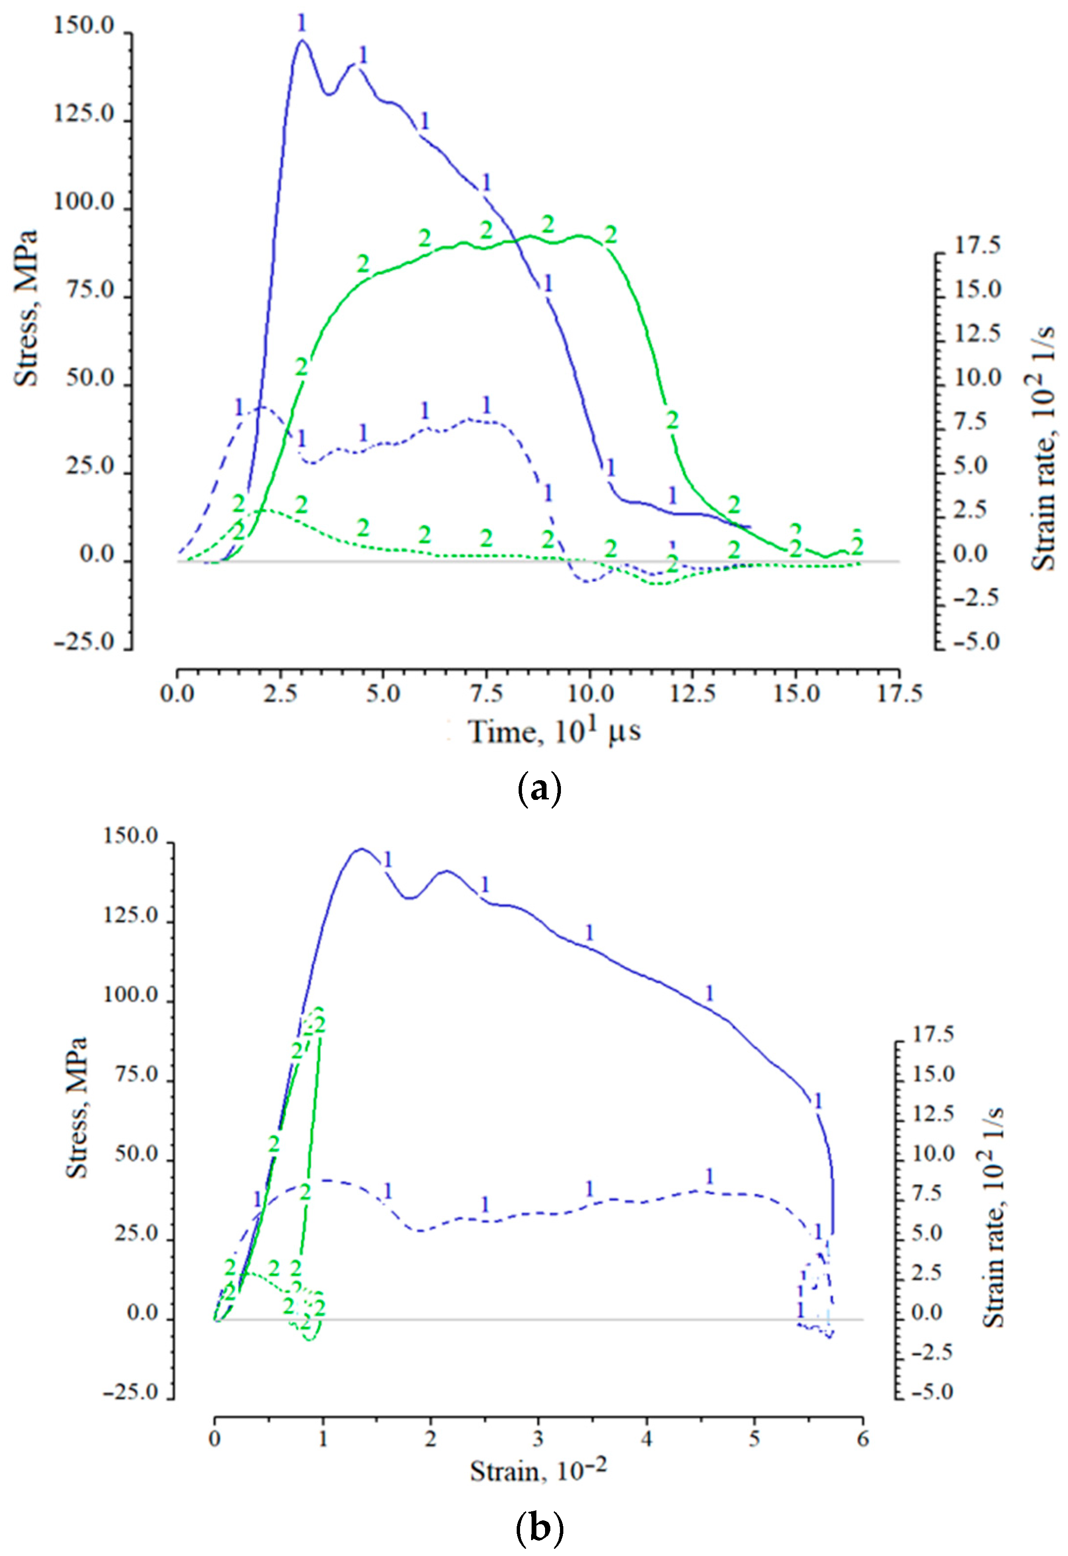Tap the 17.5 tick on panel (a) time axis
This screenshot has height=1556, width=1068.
[x=898, y=693]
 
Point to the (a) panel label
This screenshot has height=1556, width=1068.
[x=539, y=790]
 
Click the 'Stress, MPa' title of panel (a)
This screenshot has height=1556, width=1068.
[x=27, y=308]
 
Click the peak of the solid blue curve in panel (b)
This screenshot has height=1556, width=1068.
[x=361, y=849]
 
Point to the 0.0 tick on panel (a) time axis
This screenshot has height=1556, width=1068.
[x=178, y=693]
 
